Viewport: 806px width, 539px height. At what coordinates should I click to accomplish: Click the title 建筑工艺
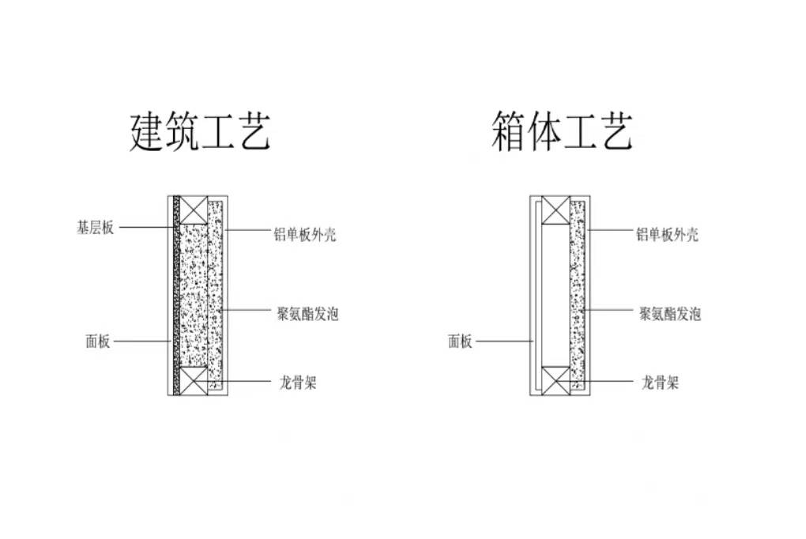200,131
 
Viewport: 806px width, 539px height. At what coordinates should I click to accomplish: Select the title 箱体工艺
561,131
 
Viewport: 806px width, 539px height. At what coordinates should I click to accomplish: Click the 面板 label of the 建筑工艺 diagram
98,342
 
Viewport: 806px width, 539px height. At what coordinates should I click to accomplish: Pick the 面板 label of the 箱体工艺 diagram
460,341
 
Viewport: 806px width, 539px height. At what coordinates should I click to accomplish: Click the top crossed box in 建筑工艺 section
194,209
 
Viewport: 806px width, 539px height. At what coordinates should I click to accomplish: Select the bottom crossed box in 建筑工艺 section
194,379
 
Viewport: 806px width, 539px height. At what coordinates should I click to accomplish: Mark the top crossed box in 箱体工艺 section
556,209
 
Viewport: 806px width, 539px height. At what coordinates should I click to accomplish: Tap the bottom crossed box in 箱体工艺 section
556,379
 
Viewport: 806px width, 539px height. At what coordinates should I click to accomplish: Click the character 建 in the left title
146,131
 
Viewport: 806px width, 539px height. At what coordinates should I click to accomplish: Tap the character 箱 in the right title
507,131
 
